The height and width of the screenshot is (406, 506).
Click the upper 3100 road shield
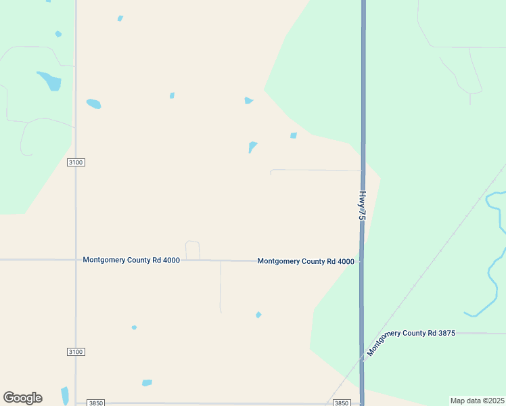[x=76, y=162]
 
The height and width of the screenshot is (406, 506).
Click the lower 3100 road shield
[x=76, y=352]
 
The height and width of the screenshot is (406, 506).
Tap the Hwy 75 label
[x=362, y=205]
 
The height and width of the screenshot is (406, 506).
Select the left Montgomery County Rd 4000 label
[x=131, y=261]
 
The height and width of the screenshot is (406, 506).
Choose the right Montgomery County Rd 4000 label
[x=306, y=261]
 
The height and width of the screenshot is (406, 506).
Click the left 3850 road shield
[x=96, y=403]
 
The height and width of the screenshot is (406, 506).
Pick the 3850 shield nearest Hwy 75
[x=342, y=403]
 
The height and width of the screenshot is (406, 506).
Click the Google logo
[x=22, y=398]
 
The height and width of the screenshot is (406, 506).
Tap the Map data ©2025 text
[x=477, y=401]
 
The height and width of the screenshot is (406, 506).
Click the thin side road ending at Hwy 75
[x=315, y=171]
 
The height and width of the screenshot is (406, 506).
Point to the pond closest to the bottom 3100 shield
[x=134, y=328]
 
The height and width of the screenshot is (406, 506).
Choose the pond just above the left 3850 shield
[x=147, y=383]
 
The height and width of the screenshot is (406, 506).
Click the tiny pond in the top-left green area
[x=58, y=34]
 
